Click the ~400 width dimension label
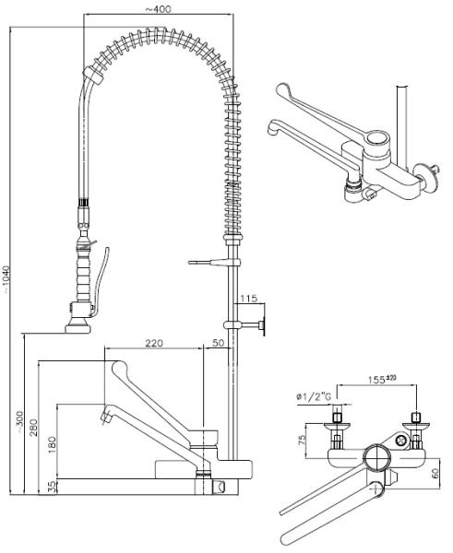click(158, 8)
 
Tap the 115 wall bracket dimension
click(249, 299)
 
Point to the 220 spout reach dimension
click(154, 343)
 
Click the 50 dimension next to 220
click(219, 343)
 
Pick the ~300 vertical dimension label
click(19, 422)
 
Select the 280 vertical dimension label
click(33, 427)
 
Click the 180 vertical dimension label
click(52, 445)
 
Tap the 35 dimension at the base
click(52, 487)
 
